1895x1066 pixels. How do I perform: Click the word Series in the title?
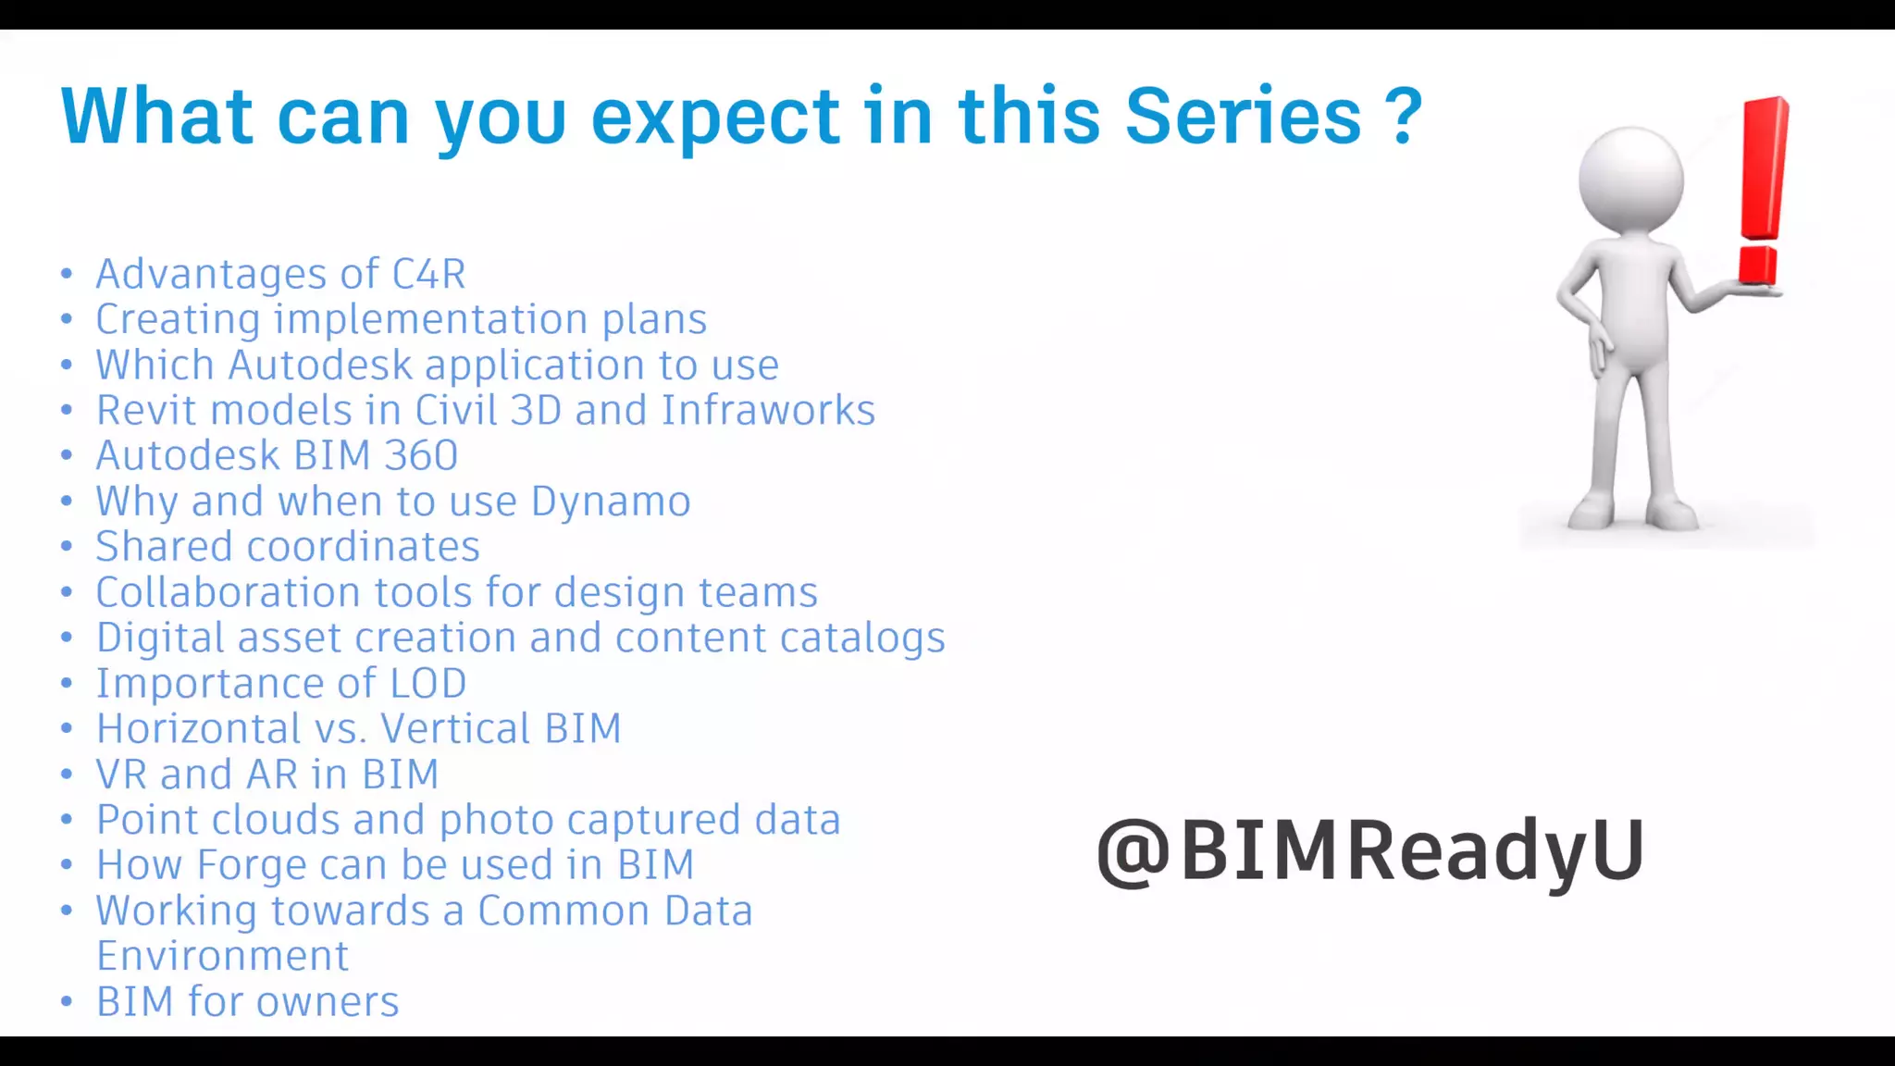[x=1243, y=117]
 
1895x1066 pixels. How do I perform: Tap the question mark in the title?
[x=1404, y=117]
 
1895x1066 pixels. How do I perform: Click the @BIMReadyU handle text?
[x=1369, y=849]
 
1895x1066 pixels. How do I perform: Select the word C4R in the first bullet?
[x=428, y=274]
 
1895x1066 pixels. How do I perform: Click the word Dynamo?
[x=611, y=502]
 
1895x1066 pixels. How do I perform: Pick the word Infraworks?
[x=768, y=410]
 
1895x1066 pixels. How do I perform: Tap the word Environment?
[x=223, y=956]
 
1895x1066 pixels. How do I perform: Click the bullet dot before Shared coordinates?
[x=67, y=546]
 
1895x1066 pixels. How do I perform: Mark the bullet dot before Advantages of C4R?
[x=67, y=274]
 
